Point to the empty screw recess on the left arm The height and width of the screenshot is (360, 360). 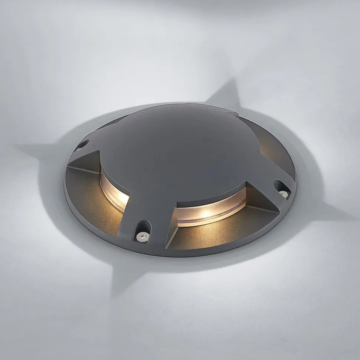[83, 144]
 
